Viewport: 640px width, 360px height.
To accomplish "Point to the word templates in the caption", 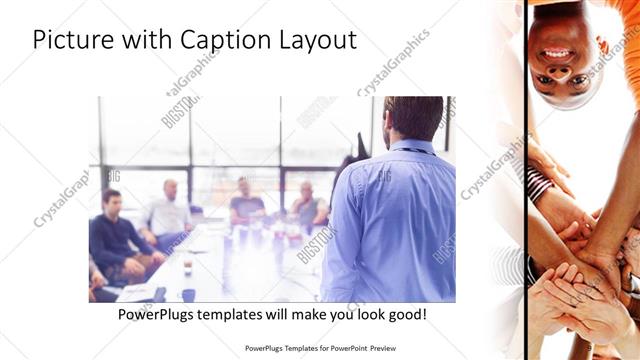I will coord(240,314).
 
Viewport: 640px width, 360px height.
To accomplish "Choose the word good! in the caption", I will coord(403,314).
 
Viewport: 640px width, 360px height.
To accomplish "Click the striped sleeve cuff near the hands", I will coord(539,182).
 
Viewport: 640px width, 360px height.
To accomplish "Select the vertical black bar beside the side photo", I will coord(526,180).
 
